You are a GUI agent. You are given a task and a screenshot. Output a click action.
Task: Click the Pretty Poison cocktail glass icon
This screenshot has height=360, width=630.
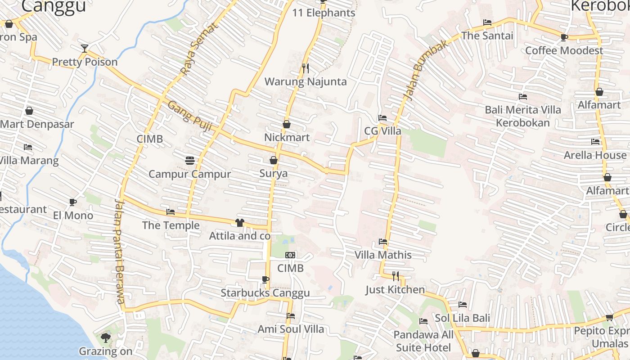[x=84, y=49]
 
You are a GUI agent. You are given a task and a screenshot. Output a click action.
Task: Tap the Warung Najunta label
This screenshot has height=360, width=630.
[x=306, y=81]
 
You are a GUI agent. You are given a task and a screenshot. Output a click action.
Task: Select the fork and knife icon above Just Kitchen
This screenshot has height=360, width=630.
[x=395, y=276]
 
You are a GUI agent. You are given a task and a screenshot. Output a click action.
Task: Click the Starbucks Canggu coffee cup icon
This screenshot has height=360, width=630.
[x=265, y=279]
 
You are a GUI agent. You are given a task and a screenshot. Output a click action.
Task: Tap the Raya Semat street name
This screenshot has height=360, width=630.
[x=198, y=49]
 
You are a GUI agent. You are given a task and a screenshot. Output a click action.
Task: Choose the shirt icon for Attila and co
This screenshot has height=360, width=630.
[x=239, y=223]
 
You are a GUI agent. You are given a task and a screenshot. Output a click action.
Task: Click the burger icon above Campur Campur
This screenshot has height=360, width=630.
[x=189, y=160]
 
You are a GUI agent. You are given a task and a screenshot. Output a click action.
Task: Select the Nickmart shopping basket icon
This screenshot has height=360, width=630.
[x=287, y=124]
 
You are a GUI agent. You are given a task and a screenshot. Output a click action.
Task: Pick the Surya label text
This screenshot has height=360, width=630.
[x=274, y=173]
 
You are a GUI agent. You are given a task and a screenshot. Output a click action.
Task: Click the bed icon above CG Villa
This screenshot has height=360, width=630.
[x=382, y=118]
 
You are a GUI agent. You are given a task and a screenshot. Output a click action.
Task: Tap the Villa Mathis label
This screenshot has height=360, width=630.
[x=383, y=255]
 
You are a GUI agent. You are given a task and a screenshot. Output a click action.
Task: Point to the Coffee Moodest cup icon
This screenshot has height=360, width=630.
[x=564, y=37]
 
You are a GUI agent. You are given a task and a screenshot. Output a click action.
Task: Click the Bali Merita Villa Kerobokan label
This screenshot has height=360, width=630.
[x=523, y=116]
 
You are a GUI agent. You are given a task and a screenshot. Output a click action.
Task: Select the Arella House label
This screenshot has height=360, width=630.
[x=595, y=155]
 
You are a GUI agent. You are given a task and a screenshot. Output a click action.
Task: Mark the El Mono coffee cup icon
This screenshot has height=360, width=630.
[x=73, y=202]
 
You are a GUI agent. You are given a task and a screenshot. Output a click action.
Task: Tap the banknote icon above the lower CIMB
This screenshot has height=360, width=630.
[x=290, y=255]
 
